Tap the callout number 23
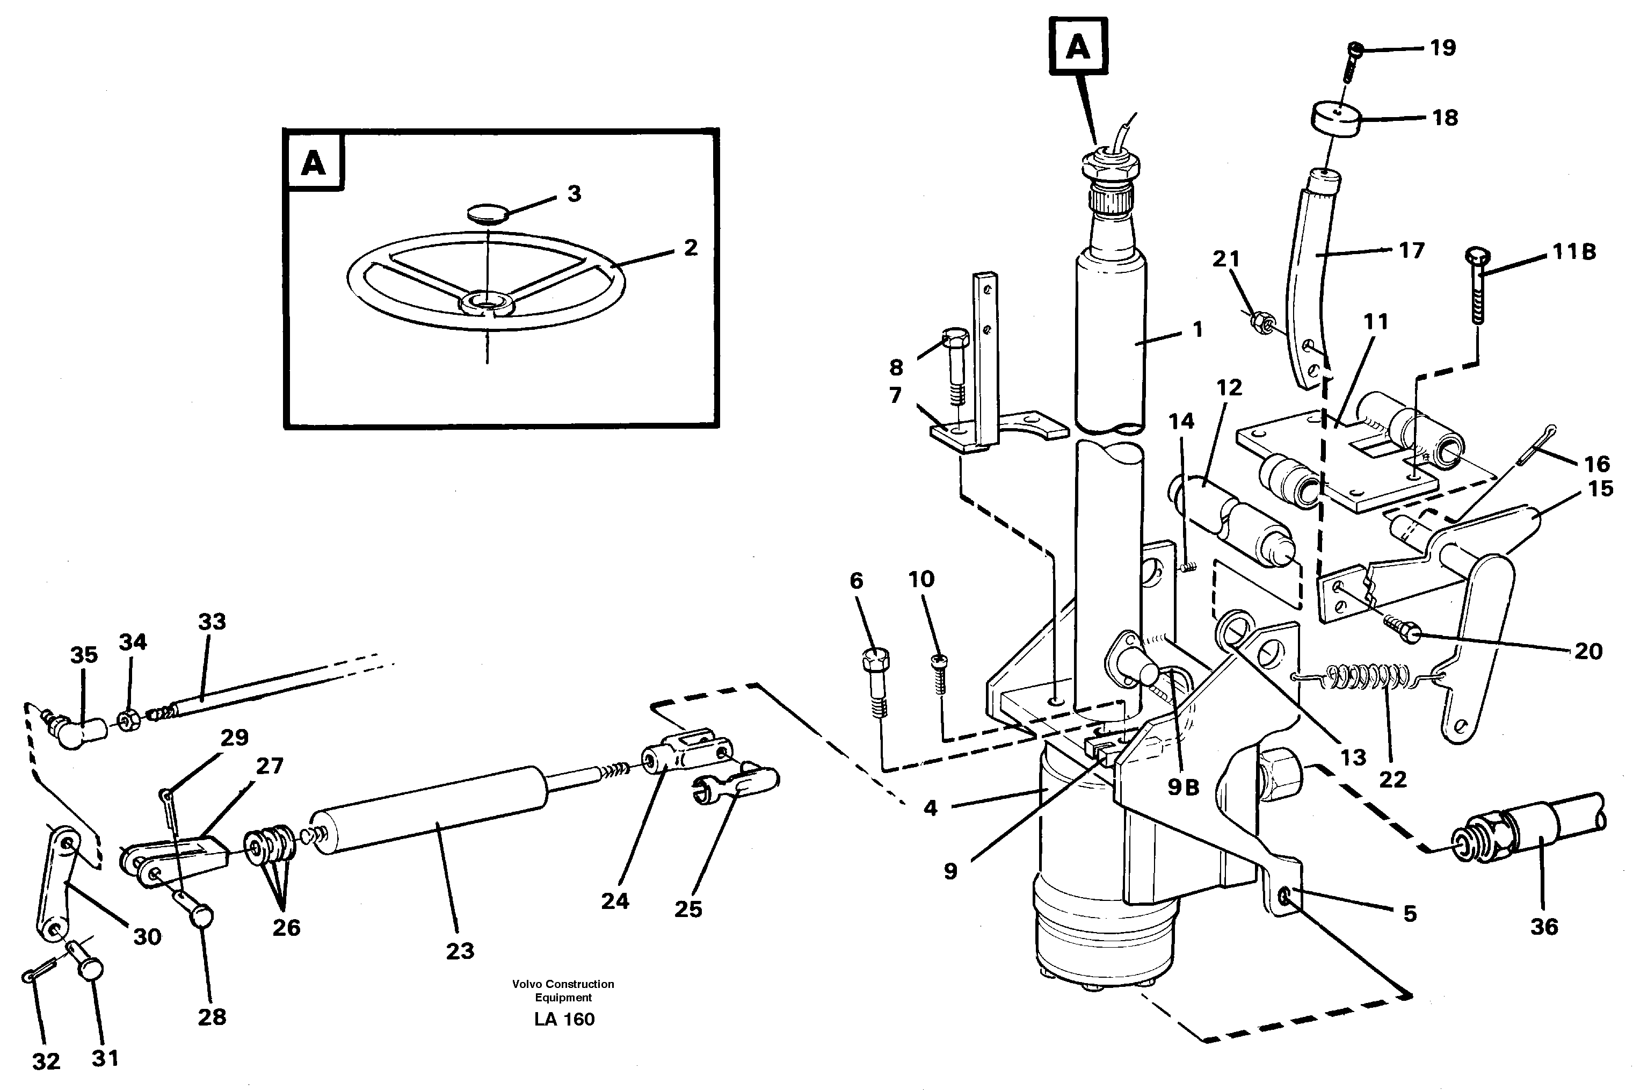tap(459, 950)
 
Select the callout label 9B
tap(1182, 786)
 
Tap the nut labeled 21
tap(1260, 322)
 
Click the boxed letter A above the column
tap(1078, 45)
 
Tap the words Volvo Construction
tap(563, 984)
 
